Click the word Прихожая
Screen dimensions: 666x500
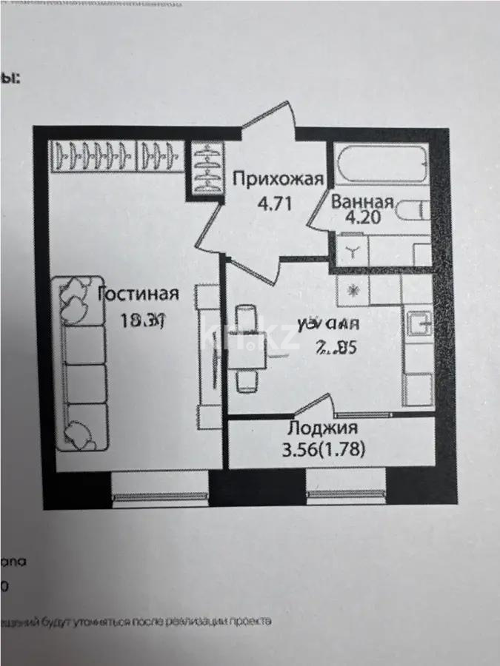point(278,178)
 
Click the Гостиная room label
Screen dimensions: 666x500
point(139,294)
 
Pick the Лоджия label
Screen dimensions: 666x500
point(322,428)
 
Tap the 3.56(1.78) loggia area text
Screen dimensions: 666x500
point(324,448)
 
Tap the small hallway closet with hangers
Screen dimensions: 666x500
point(207,169)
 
